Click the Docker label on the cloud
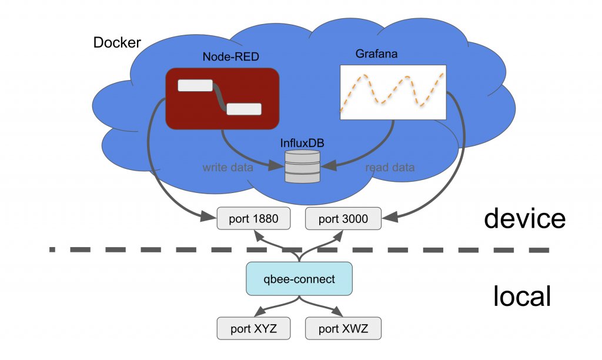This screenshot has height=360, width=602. (x=118, y=43)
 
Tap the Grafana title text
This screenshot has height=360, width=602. (x=376, y=54)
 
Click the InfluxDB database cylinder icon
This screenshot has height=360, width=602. (x=302, y=166)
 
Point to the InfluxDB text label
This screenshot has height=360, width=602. (x=302, y=142)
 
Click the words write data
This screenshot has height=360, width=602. (x=228, y=168)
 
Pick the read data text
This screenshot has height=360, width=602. (x=390, y=168)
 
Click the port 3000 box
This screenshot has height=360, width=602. (x=343, y=219)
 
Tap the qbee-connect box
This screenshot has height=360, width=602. (x=299, y=279)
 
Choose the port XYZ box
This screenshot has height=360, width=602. (x=253, y=328)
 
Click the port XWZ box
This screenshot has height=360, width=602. (x=343, y=328)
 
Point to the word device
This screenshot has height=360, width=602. (x=524, y=218)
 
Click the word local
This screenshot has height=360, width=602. (x=522, y=296)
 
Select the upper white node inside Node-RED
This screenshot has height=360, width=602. (x=195, y=85)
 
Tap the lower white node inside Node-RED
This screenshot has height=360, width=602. (x=244, y=109)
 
